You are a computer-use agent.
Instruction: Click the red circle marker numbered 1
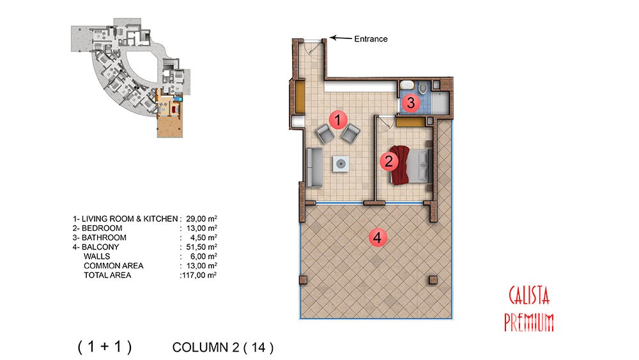point(337,120)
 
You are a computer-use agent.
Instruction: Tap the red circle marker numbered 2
point(389,161)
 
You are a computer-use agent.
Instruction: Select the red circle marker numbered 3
point(411,103)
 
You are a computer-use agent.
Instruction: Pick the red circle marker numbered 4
point(378,237)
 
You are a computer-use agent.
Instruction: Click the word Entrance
point(371,39)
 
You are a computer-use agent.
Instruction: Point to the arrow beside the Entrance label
point(341,38)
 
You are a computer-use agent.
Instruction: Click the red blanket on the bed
point(400,165)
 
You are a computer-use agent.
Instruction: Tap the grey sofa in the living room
point(314,168)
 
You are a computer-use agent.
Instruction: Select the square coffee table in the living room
point(341,164)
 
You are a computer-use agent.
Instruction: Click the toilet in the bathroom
point(423,87)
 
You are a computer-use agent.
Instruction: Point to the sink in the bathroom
point(406,85)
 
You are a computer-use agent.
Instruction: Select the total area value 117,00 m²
point(199,275)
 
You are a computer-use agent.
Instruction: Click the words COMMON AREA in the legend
point(113,266)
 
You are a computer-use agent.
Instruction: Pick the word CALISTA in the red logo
point(529,295)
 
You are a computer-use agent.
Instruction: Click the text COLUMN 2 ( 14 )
point(223,347)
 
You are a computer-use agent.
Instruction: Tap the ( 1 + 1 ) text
point(105,347)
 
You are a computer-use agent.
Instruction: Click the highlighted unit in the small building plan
point(169,115)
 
